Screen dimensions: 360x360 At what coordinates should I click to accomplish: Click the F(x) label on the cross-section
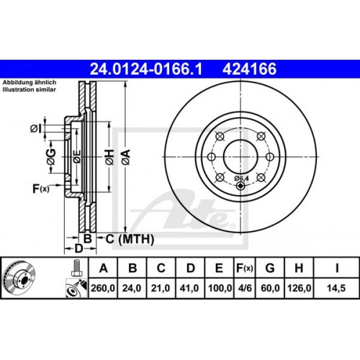pyautogui.click(x=40, y=189)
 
